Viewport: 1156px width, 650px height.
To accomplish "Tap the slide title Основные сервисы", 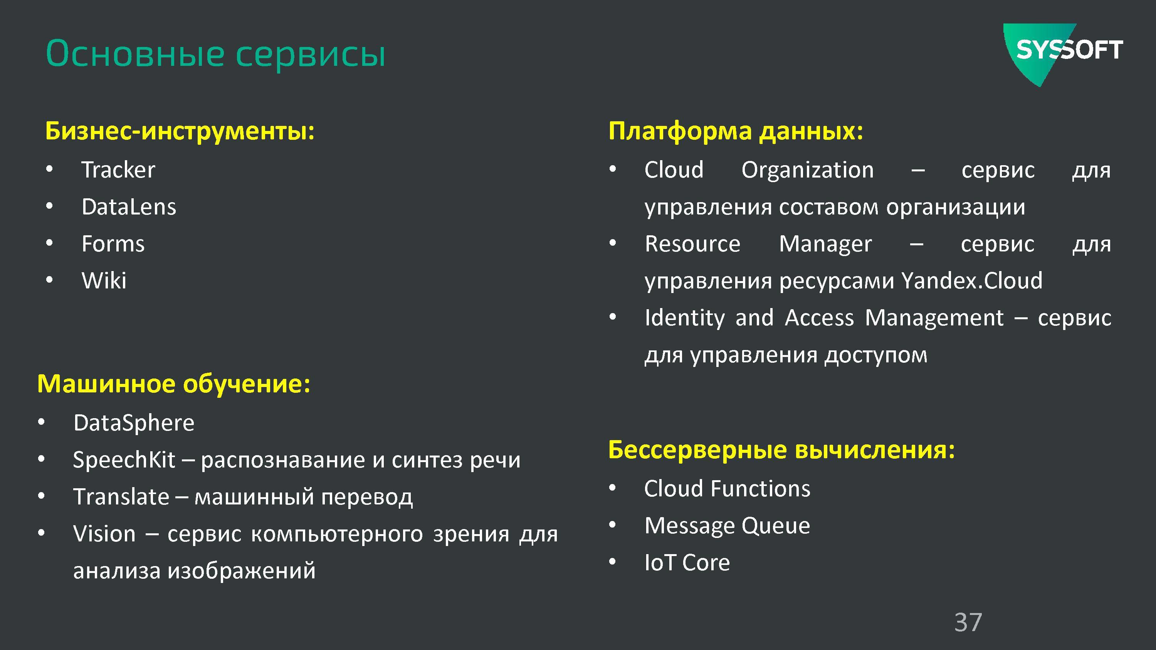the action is pos(215,54).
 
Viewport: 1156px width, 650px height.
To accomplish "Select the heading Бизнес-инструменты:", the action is pos(180,131).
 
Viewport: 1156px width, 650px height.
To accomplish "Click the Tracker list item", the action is pos(118,169).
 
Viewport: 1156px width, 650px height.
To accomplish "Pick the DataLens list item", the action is pos(129,207).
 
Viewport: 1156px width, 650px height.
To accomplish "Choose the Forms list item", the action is pos(113,244).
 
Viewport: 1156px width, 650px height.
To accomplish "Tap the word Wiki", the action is pos(104,281).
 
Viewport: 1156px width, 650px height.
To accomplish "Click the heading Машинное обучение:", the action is pos(174,384).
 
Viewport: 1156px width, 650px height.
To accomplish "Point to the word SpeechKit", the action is pos(124,460).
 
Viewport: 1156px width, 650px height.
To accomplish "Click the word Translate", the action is pos(121,497).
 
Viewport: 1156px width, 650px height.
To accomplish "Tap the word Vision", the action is pos(104,534).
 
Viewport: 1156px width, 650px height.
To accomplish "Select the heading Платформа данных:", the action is pos(736,131).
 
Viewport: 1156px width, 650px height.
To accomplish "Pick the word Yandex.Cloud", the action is pos(972,281).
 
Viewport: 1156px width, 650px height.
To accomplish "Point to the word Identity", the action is pos(685,318).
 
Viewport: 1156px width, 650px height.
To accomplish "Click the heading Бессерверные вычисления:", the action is pos(782,449).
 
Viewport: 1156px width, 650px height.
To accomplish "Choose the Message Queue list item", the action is pos(728,526).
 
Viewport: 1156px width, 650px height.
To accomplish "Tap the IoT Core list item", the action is pos(687,563).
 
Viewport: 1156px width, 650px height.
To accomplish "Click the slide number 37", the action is pos(968,622).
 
